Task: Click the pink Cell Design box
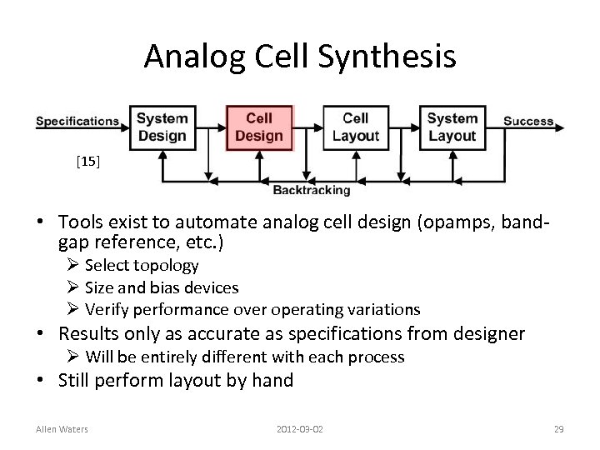(x=259, y=127)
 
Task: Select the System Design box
(x=162, y=127)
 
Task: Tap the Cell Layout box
(x=355, y=127)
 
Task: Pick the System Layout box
(x=452, y=127)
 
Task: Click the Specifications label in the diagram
(x=77, y=121)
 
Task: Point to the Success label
(x=528, y=121)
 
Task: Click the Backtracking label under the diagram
(x=312, y=190)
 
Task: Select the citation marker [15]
(x=87, y=162)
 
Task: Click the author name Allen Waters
(x=62, y=429)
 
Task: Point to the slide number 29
(x=559, y=429)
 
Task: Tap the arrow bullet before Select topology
(x=72, y=266)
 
